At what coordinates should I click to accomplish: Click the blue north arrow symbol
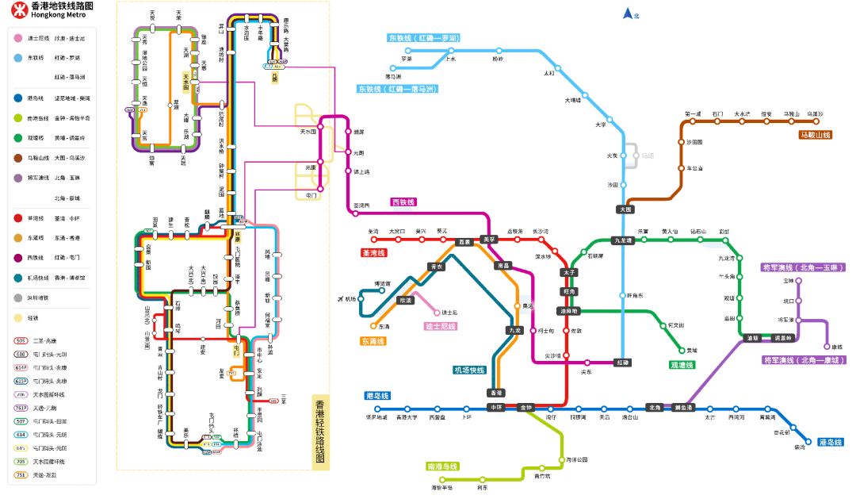coord(628,13)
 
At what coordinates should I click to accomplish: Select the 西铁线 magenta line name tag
coord(405,202)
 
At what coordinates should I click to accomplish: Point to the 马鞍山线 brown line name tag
coord(815,136)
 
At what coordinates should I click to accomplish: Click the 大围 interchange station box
coord(625,209)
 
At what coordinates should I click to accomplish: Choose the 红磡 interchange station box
coord(624,363)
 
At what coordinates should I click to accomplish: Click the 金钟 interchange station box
coord(526,408)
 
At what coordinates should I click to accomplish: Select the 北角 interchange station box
coord(655,408)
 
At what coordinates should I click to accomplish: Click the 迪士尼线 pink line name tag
coord(441,326)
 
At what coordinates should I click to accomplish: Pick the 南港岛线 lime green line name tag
coord(442,466)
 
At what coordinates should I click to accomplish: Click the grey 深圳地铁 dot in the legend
coord(17,297)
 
